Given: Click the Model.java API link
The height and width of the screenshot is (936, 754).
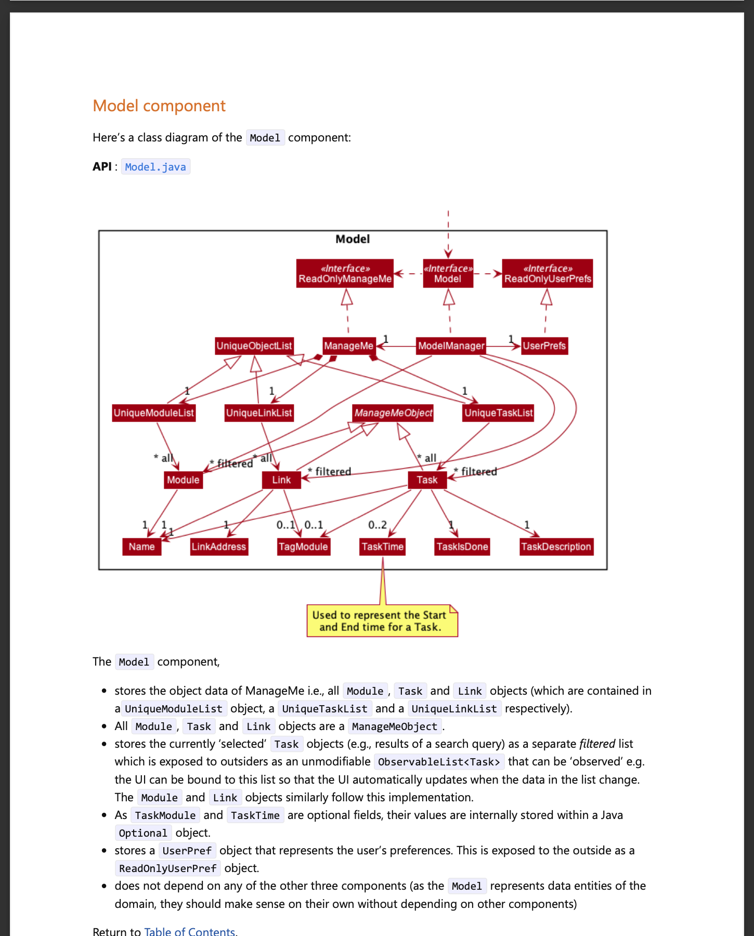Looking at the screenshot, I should pyautogui.click(x=155, y=167).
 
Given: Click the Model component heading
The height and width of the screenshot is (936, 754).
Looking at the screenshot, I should pyautogui.click(x=159, y=106).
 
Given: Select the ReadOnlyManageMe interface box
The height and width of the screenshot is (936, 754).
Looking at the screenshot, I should pyautogui.click(x=345, y=274).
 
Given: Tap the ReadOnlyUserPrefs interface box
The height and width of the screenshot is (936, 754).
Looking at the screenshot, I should pyautogui.click(x=548, y=274).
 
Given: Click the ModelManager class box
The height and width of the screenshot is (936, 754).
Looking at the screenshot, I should pyautogui.click(x=451, y=346).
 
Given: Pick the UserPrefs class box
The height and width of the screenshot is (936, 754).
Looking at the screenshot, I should pyautogui.click(x=544, y=346).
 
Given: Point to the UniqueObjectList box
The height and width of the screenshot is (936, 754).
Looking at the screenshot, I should pyautogui.click(x=254, y=346).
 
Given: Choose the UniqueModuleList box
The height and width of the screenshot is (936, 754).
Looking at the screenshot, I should pyautogui.click(x=154, y=413).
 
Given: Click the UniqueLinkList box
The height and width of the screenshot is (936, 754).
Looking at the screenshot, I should pyautogui.click(x=259, y=413).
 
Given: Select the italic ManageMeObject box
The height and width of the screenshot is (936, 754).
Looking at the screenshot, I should pyautogui.click(x=393, y=413).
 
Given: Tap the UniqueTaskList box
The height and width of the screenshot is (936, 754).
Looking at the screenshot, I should pyautogui.click(x=498, y=413).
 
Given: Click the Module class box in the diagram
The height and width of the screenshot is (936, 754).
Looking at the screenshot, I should pyautogui.click(x=183, y=480).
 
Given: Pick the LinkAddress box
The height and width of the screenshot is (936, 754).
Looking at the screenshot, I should pyautogui.click(x=218, y=547).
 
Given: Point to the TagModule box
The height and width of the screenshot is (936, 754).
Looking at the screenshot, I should pyautogui.click(x=303, y=547).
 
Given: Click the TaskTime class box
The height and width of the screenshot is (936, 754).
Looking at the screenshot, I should pyautogui.click(x=383, y=547).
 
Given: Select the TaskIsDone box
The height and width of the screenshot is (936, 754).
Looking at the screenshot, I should pyautogui.click(x=462, y=547).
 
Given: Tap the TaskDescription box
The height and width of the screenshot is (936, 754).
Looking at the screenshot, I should pyautogui.click(x=556, y=547).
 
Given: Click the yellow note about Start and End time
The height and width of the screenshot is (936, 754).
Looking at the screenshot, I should pyautogui.click(x=382, y=621).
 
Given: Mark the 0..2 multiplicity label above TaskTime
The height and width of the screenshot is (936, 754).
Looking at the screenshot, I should pyautogui.click(x=377, y=525).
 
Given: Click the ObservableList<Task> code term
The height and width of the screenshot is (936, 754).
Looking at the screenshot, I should pyautogui.click(x=439, y=762).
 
